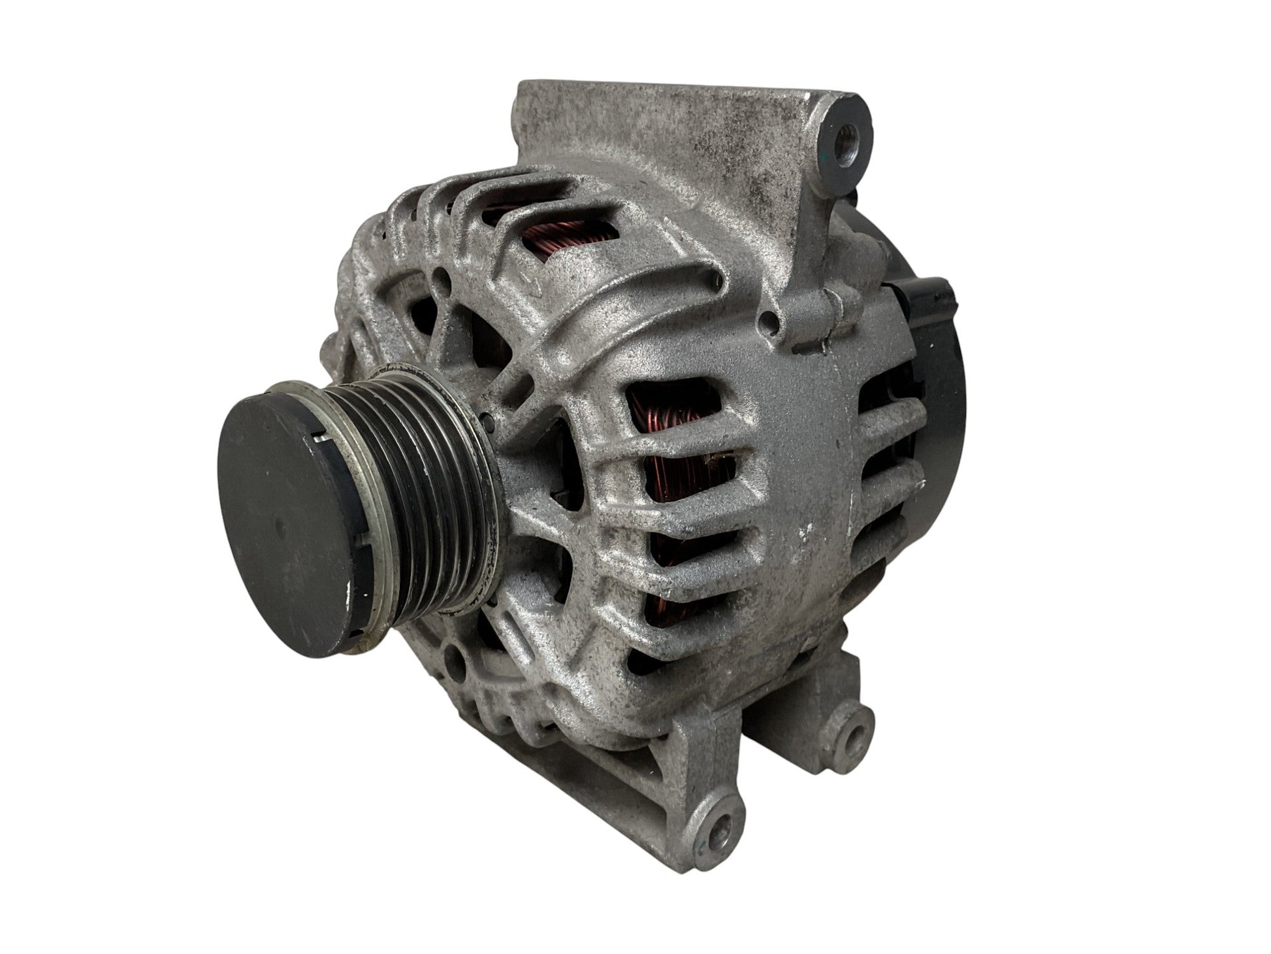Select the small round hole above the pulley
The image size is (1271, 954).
[445, 282]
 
